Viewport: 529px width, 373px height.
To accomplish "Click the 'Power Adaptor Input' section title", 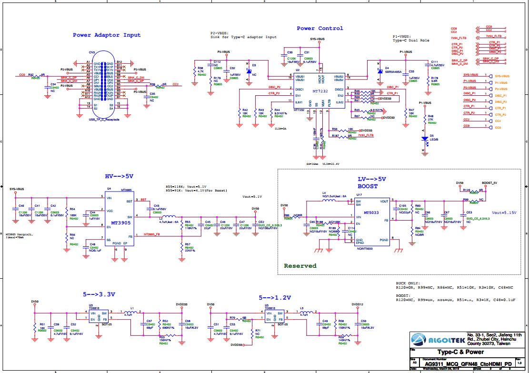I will pos(107,35).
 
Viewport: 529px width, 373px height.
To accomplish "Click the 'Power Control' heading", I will pos(319,28).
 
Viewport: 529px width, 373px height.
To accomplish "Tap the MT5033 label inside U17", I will pos(371,213).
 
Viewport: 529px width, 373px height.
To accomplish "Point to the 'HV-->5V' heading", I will pos(119,176).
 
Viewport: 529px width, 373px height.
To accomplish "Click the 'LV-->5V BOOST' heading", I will pos(371,183).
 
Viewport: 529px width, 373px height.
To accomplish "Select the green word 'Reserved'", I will pos(300,266).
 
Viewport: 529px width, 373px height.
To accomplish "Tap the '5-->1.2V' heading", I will pos(275,297).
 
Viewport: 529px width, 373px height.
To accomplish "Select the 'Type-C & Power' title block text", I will pos(460,353).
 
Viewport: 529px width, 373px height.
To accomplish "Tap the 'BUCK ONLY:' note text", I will pos(408,282).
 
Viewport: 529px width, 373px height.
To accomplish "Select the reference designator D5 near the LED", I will pos(432,135).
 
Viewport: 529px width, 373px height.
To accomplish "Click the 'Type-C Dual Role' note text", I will pos(411,41).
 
